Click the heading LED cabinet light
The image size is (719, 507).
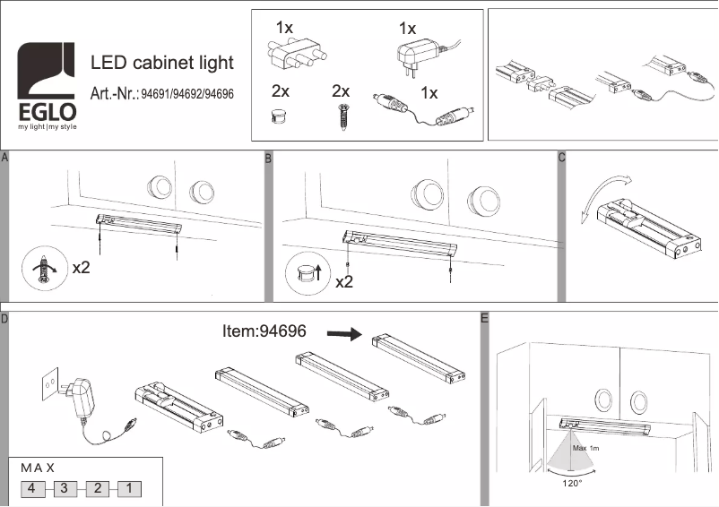tap(162, 63)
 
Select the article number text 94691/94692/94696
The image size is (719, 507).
tap(188, 94)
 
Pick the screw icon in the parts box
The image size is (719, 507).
tap(341, 117)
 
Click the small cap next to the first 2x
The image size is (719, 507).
tap(279, 116)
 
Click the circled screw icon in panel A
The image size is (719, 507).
tap(41, 268)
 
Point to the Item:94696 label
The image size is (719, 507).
tap(264, 331)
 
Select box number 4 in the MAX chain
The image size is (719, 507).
tap(31, 489)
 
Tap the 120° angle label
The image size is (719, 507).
tap(571, 483)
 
